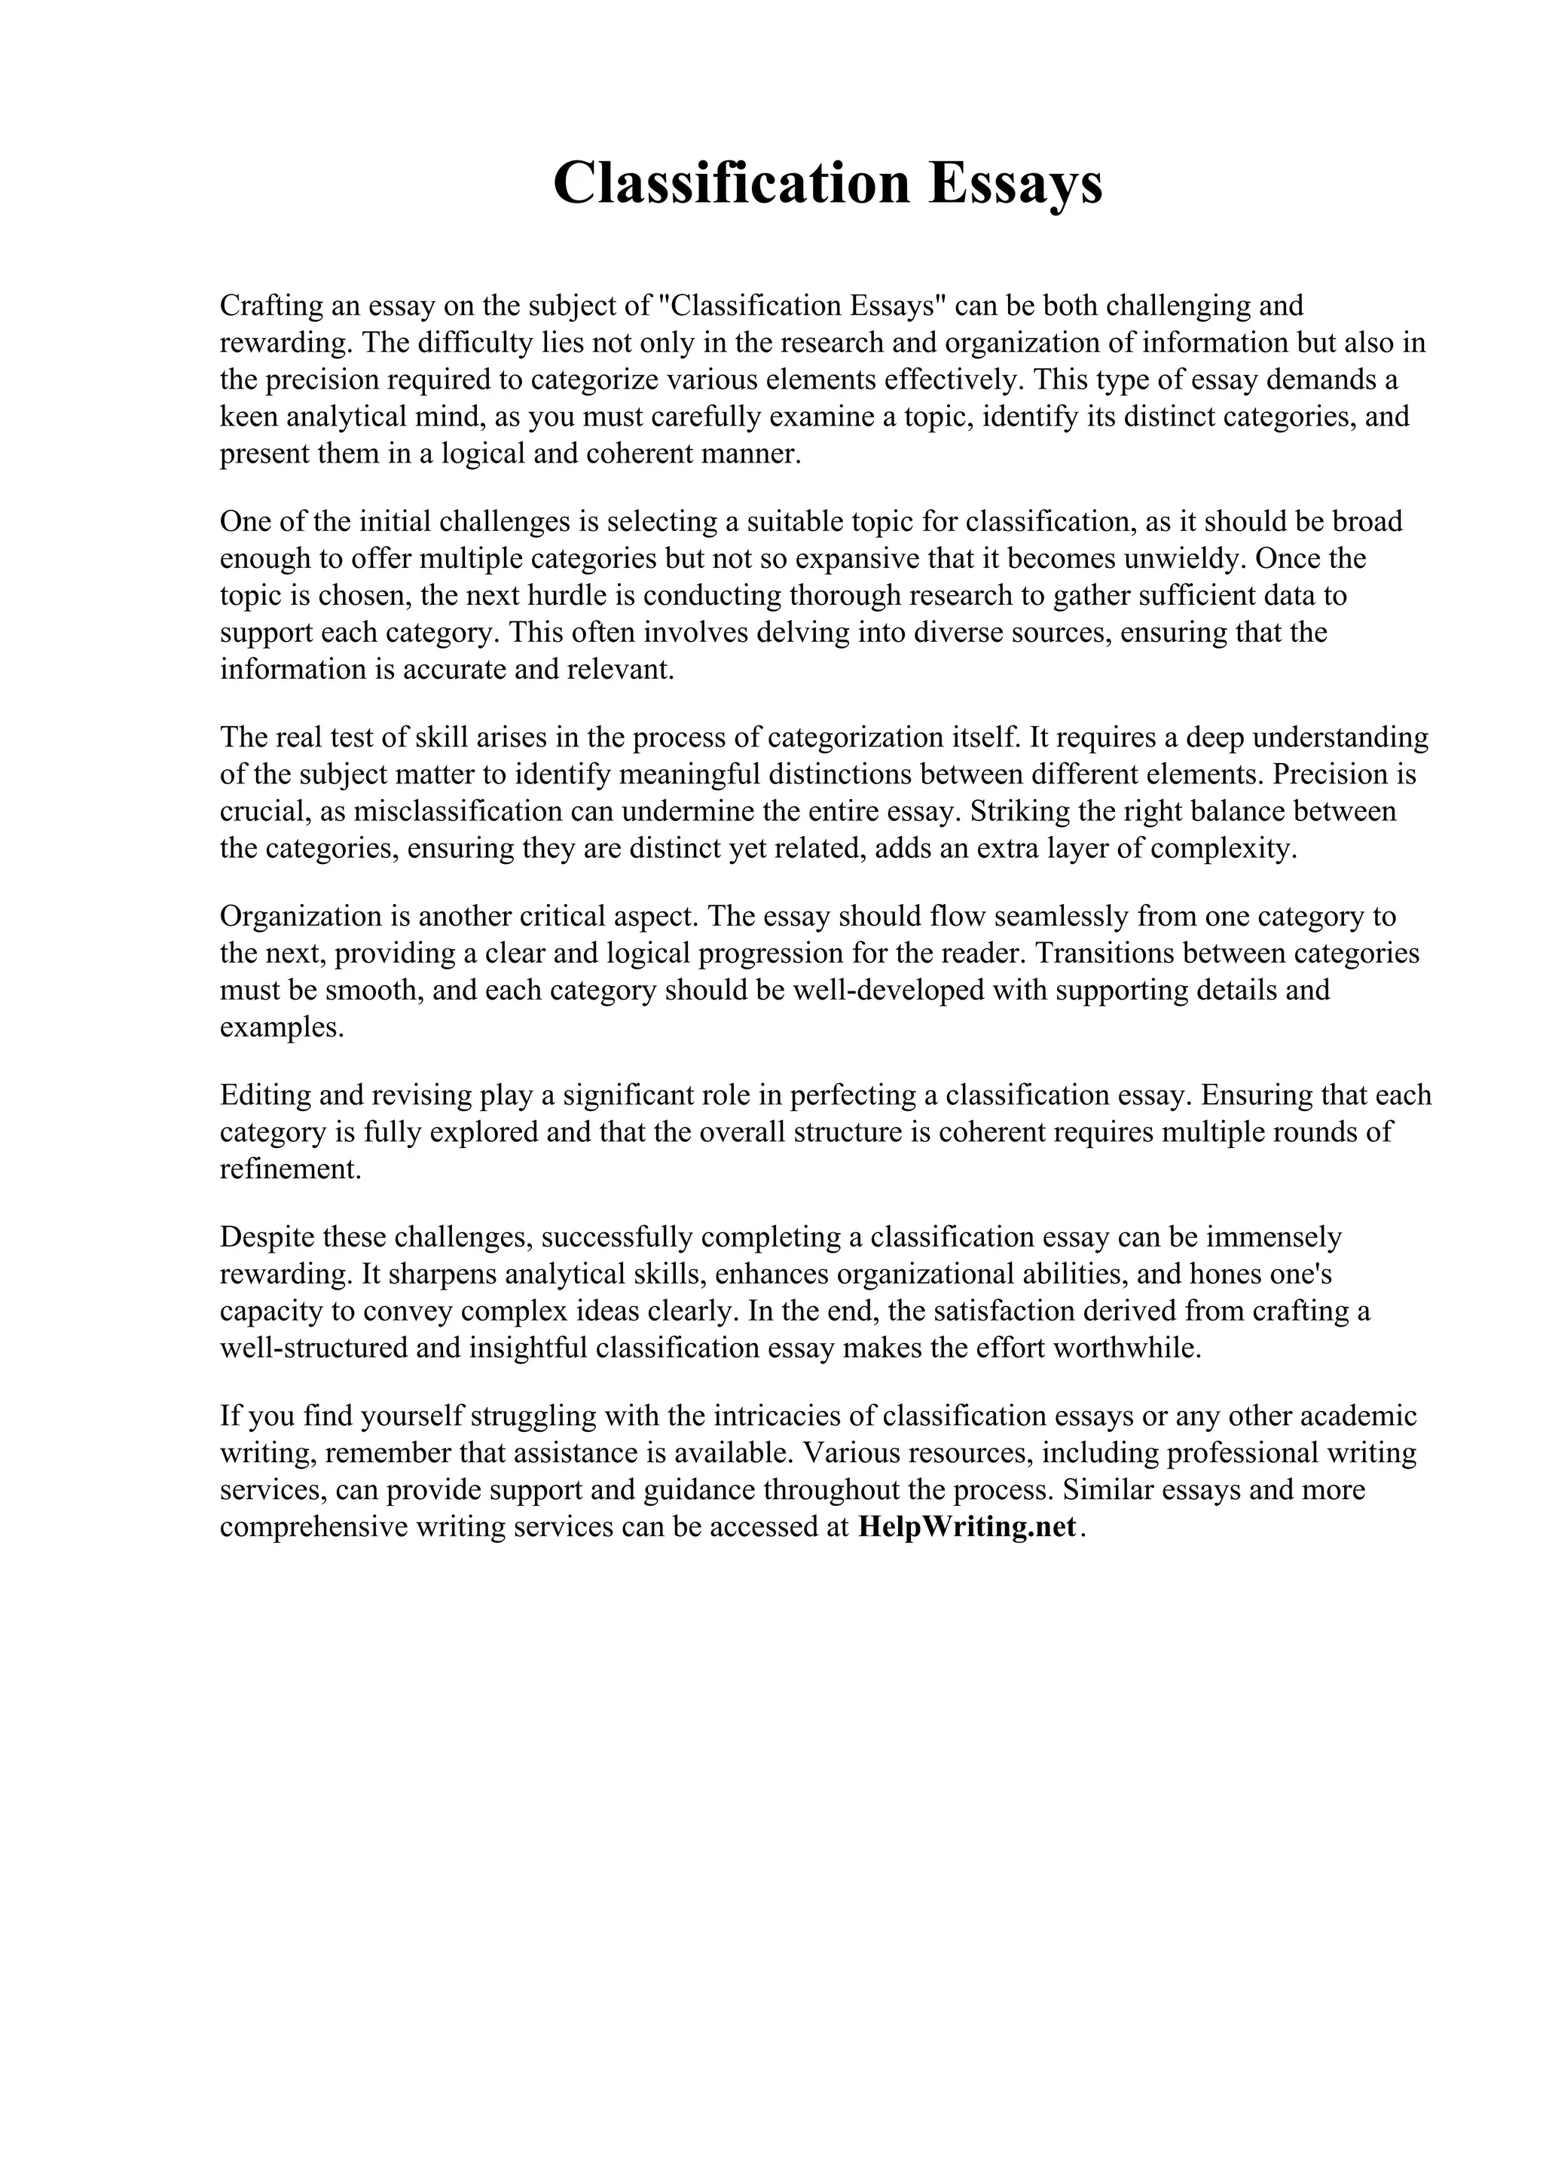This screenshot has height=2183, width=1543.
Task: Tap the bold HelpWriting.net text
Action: (x=967, y=1526)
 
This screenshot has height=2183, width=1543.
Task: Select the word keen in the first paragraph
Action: (x=249, y=417)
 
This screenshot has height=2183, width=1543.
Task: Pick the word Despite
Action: (x=267, y=1237)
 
